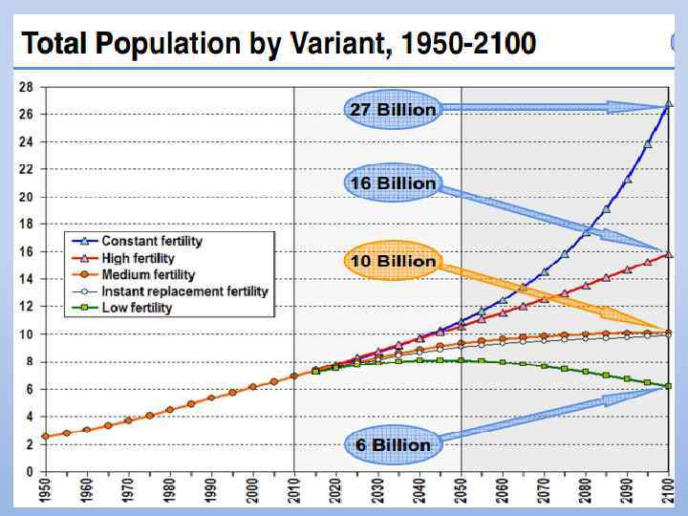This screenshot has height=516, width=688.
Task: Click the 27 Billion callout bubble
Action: pos(392,109)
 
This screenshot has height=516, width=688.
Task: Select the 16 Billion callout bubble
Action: pos(392,183)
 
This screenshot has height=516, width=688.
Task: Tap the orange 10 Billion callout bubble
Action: pos(392,261)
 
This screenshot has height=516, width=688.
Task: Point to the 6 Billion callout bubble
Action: pos(392,444)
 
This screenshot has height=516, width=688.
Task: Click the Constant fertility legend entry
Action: pos(152,241)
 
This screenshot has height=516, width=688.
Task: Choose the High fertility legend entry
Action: pos(138,258)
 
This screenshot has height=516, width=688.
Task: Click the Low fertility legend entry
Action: pos(137,308)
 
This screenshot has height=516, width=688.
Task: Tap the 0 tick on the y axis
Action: pos(30,472)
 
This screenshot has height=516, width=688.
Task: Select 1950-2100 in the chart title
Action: pos(469,45)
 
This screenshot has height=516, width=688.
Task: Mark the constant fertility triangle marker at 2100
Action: pos(668,103)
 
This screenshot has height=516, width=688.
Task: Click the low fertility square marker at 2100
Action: pos(668,386)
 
